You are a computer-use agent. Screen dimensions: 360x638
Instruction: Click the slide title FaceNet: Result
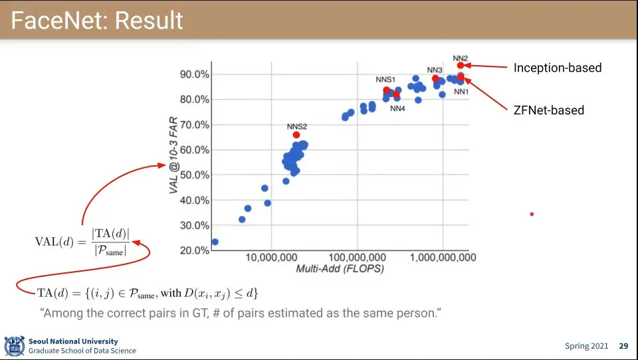[x=97, y=21]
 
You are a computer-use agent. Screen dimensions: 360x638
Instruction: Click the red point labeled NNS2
[x=296, y=135]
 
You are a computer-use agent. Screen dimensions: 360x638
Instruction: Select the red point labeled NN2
[x=460, y=65]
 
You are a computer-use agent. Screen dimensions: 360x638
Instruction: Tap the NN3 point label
[x=434, y=70]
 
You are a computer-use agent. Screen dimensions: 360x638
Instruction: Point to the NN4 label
[x=397, y=108]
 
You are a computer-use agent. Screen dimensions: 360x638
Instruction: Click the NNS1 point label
[x=385, y=80]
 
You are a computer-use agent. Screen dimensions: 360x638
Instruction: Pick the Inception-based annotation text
[x=557, y=68]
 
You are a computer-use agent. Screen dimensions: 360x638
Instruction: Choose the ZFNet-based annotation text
[x=548, y=110]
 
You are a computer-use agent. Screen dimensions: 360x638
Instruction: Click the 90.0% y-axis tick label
[x=194, y=74]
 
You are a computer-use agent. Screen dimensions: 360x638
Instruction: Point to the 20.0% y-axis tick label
[x=194, y=250]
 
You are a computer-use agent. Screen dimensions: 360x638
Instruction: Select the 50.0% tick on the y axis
[x=194, y=175]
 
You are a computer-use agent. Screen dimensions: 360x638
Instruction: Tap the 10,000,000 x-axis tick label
[x=271, y=258]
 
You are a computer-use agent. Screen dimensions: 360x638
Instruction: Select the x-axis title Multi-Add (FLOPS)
[x=340, y=269]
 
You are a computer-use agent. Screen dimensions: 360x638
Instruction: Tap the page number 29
[x=623, y=346]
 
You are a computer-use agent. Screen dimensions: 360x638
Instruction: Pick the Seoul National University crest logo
[x=15, y=345]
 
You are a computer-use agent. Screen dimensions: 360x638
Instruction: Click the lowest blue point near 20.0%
[x=215, y=242]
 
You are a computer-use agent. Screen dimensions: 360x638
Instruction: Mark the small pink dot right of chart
[x=532, y=214]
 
